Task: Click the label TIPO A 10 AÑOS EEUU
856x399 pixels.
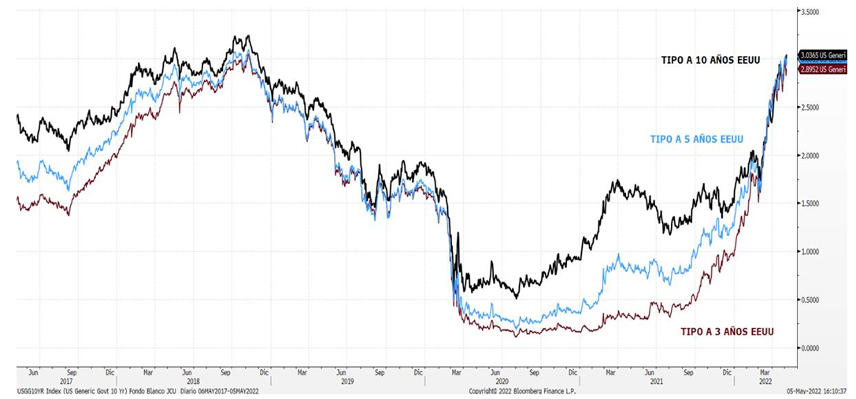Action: (710, 60)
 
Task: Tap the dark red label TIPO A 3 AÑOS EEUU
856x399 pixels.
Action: (727, 332)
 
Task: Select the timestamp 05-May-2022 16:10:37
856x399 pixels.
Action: (818, 390)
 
